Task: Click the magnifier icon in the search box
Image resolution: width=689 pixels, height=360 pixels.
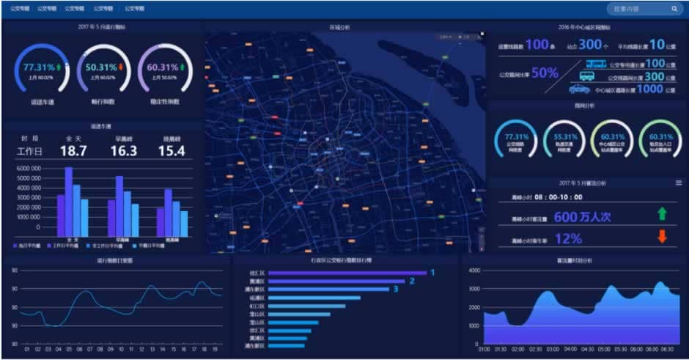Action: (x=674, y=10)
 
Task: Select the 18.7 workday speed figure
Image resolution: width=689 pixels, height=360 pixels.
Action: (x=73, y=151)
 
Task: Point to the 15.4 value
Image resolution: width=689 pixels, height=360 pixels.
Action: (x=171, y=151)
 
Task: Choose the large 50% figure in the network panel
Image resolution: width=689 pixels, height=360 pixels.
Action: (x=545, y=73)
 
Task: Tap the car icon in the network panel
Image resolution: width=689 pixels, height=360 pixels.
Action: (x=580, y=89)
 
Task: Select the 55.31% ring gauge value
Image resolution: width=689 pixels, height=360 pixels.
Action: (x=564, y=137)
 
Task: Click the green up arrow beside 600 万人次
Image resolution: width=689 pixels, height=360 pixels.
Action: (x=663, y=214)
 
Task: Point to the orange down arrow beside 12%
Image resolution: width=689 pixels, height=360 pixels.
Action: (x=663, y=236)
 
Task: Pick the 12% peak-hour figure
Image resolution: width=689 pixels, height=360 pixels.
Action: (x=568, y=238)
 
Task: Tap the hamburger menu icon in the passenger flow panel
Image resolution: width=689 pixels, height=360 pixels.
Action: (x=679, y=183)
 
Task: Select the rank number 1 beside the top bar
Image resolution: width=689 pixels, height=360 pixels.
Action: (x=432, y=273)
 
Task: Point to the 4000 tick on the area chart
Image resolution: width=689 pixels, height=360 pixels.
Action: (x=474, y=271)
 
